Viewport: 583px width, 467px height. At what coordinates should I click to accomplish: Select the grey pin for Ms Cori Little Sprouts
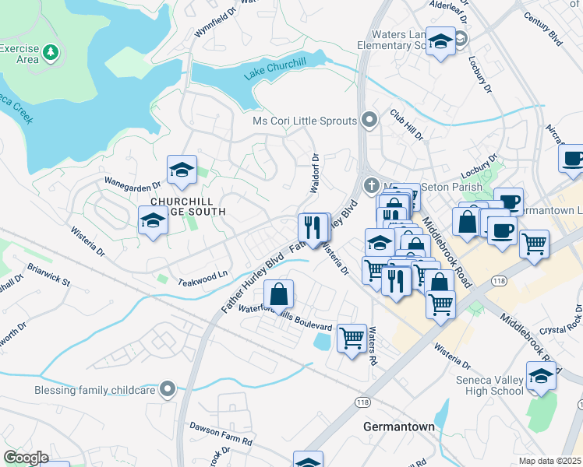pyautogui.click(x=369, y=121)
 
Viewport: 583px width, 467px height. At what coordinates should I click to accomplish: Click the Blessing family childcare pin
pyautogui.click(x=166, y=388)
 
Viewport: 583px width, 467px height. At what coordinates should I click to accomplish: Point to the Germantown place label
pyautogui.click(x=397, y=427)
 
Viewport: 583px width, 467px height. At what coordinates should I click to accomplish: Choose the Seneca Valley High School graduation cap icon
pyautogui.click(x=542, y=377)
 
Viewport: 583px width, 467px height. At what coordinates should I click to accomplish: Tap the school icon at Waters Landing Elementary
pyautogui.click(x=441, y=42)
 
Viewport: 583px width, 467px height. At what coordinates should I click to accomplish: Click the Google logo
pyautogui.click(x=26, y=457)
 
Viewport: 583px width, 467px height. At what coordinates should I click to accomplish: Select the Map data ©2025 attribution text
pyautogui.click(x=550, y=461)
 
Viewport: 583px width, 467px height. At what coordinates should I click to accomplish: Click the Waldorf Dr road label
pyautogui.click(x=315, y=174)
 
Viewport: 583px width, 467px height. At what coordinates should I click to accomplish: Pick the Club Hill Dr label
pyautogui.click(x=406, y=125)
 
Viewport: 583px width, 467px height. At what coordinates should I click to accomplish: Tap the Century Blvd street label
pyautogui.click(x=542, y=28)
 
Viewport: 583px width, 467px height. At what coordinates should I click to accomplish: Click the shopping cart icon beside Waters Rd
pyautogui.click(x=352, y=339)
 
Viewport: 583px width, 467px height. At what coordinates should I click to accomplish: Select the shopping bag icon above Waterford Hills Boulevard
pyautogui.click(x=278, y=295)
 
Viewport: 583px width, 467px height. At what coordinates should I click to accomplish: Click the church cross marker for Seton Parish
pyautogui.click(x=371, y=185)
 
